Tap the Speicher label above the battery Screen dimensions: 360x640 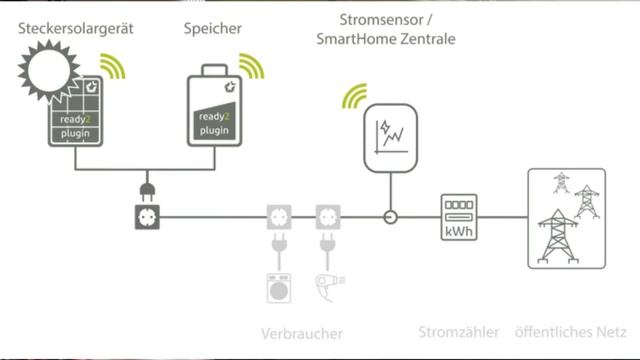click(x=212, y=29)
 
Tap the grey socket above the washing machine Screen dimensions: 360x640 click(x=277, y=215)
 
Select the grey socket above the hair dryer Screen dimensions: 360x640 click(x=326, y=215)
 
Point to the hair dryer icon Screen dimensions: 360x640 click(x=326, y=286)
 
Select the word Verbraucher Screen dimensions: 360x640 click(x=301, y=333)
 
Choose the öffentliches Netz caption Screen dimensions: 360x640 click(x=570, y=332)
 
